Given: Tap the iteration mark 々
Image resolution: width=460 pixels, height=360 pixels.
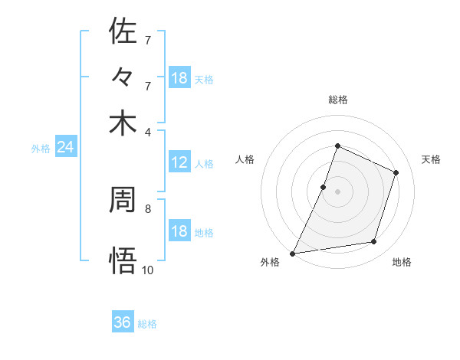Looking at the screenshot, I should pos(123,77).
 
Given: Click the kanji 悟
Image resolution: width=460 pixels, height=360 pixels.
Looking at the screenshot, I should pos(123,260).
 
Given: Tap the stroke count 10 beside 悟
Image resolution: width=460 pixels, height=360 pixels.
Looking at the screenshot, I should pos(148,270).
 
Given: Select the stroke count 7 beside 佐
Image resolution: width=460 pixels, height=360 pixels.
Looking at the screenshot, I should pos(147,39).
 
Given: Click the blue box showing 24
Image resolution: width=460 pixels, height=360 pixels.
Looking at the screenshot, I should pos(65,147).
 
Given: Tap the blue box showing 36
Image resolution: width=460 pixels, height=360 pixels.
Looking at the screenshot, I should pos(123,322).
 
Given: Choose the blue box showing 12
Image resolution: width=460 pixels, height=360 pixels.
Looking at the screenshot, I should pos(179,162).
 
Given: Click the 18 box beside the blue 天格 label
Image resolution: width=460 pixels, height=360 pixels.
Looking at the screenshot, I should pos(179,78).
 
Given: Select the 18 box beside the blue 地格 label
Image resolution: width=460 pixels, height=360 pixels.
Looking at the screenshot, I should pos(179,232).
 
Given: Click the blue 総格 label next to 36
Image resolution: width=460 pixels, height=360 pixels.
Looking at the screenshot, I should pos(147,324).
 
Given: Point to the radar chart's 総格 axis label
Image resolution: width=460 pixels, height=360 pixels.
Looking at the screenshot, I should pos(337,100).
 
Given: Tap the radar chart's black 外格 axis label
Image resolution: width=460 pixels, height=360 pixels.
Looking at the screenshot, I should pos(270,262).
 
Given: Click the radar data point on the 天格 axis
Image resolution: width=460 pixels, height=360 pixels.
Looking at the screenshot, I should pos(396,172).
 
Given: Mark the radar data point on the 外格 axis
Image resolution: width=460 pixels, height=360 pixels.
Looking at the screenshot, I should pos(293,253).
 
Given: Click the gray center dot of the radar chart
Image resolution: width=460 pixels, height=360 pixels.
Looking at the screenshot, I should pos(337,191).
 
